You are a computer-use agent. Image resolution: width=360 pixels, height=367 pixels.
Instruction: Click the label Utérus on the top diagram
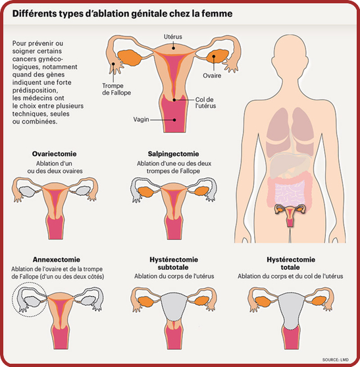173,37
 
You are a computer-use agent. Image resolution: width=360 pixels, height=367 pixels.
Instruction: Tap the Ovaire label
212,76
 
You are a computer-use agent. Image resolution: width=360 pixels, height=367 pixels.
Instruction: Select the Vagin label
141,119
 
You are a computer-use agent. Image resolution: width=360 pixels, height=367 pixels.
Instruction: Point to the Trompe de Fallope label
116,89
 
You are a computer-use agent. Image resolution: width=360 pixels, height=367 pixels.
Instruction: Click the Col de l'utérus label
205,103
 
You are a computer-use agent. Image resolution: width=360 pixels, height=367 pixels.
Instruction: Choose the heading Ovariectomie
55,154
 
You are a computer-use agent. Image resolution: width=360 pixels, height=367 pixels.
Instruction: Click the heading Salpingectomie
173,154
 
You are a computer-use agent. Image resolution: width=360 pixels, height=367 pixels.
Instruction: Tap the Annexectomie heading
57,260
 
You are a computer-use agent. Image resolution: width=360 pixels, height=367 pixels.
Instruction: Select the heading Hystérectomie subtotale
174,263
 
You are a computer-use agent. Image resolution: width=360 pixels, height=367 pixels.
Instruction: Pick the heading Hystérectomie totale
291,263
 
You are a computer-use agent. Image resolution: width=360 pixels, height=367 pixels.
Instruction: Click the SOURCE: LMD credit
336,360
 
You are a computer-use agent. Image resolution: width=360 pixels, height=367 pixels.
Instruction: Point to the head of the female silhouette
290,59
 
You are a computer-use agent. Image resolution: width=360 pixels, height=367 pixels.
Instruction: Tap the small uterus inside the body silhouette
290,215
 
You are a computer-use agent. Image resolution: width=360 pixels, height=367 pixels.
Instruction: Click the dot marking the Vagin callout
174,120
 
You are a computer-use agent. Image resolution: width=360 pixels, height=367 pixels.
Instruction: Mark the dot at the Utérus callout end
173,48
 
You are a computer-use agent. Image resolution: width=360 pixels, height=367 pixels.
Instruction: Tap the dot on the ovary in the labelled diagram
214,56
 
